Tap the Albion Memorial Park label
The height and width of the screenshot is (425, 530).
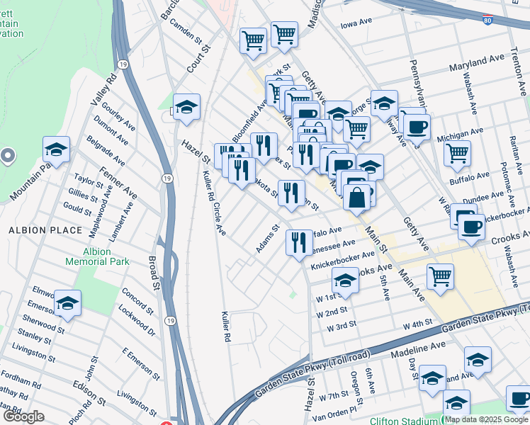click(97, 256)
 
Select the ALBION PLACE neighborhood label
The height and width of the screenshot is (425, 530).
click(38, 230)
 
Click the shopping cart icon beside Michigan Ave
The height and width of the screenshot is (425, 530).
click(458, 152)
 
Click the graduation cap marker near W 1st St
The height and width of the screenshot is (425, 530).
click(345, 280)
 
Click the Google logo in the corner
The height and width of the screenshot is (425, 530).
click(23, 416)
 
